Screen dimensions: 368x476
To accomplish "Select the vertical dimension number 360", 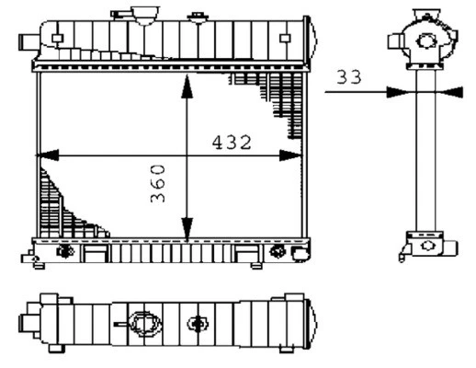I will [x=157, y=184].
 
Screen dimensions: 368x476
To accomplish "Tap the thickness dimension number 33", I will [x=347, y=77].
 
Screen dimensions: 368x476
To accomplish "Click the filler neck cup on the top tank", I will [x=144, y=17].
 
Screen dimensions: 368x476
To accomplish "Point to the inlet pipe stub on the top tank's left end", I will [x=26, y=41].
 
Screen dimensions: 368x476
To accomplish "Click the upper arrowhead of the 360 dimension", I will [x=187, y=82].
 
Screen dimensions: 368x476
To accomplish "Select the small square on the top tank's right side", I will [x=286, y=38].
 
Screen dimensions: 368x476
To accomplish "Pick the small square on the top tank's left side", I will [x=57, y=38].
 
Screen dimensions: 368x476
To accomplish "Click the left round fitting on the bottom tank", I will [x=65, y=251].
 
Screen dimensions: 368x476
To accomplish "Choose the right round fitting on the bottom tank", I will [x=278, y=251].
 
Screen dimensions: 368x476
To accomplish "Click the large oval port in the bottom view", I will [x=142, y=324].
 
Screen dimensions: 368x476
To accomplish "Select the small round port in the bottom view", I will [x=197, y=324].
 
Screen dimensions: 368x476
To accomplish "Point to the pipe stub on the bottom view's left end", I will [x=27, y=322].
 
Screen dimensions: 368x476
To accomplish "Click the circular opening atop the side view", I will [x=425, y=40].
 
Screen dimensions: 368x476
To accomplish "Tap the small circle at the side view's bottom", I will [x=427, y=247].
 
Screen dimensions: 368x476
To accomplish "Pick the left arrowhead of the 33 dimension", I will [x=394, y=91].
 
